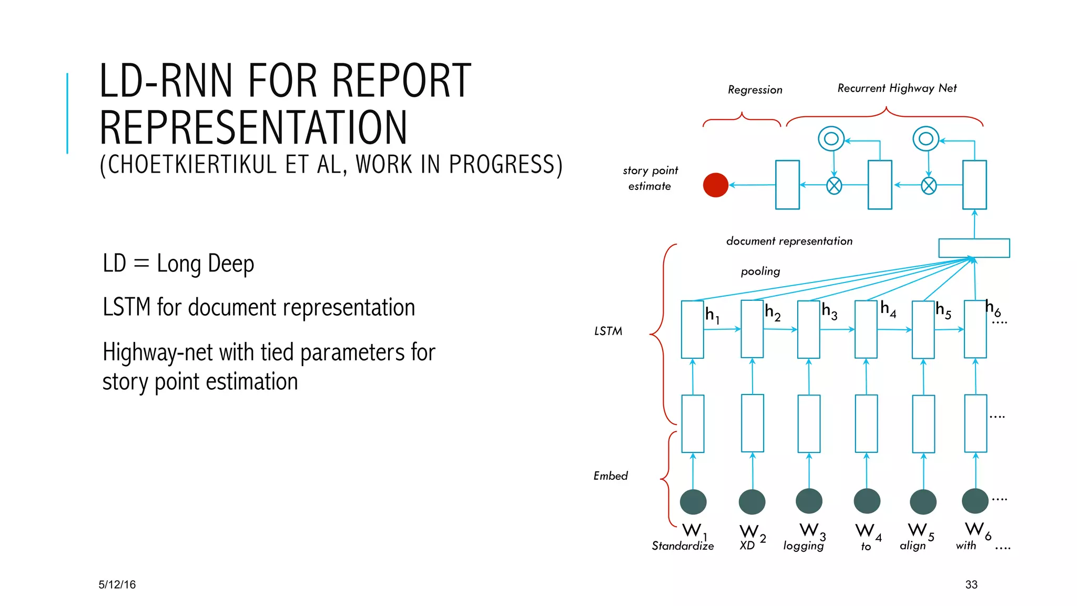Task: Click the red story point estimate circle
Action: tap(715, 185)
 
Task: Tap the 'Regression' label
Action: tap(755, 90)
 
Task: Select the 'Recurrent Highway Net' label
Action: tap(897, 88)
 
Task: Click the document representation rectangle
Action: tap(974, 248)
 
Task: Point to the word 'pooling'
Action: tap(760, 271)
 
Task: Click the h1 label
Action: tap(712, 315)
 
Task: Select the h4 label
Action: tap(888, 309)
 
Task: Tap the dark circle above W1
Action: tap(693, 502)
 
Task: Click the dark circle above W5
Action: tap(923, 502)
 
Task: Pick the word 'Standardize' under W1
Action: tap(683, 546)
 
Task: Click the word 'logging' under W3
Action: tap(803, 546)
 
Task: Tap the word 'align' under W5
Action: tap(912, 546)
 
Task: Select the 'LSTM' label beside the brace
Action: tap(608, 331)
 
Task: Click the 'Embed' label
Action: tap(611, 476)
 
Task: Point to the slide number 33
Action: tap(971, 584)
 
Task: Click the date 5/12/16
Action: tap(117, 584)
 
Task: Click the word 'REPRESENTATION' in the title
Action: tap(253, 128)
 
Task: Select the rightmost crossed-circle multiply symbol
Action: tap(929, 186)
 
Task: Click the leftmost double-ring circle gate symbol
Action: tap(831, 139)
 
